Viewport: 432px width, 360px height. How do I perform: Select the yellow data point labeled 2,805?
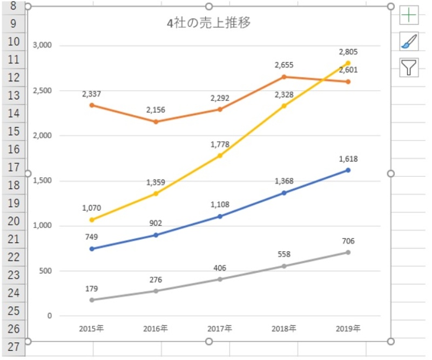[x=348, y=63]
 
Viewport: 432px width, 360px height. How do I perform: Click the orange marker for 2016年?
[x=156, y=122]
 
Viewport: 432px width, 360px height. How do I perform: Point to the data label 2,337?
[x=92, y=94]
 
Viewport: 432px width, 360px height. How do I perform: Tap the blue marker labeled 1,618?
[x=348, y=170]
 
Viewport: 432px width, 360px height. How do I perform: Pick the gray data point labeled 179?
[x=92, y=300]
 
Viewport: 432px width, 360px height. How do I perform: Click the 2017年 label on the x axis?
[x=220, y=328]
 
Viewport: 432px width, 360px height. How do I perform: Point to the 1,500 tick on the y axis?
[x=42, y=181]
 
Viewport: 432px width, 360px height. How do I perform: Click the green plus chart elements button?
[x=409, y=15]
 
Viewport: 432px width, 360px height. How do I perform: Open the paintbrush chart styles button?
[x=409, y=41]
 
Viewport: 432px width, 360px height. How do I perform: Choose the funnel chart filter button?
[x=409, y=67]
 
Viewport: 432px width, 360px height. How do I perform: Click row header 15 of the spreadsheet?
[x=13, y=131]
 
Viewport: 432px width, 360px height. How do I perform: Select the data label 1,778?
[x=220, y=144]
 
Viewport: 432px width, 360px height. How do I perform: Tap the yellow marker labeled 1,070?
[x=92, y=220]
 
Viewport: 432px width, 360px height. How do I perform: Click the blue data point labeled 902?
[x=156, y=235]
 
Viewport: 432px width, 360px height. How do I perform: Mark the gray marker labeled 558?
[x=284, y=266]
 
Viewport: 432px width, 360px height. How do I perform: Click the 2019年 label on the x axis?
[x=348, y=328]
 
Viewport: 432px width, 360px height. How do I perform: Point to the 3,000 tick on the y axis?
[x=42, y=45]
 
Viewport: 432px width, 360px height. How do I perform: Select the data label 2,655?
[x=284, y=65]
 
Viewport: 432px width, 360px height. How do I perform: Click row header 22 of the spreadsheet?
[x=13, y=257]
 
